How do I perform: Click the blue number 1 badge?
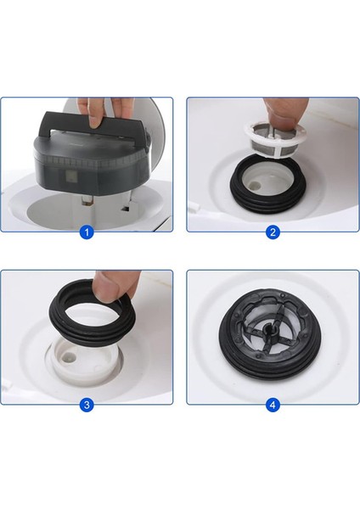[x=86, y=232]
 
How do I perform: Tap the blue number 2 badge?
[x=273, y=232]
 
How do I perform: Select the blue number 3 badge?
[x=86, y=405]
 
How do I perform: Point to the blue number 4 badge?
[x=273, y=405]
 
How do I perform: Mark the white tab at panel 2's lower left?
[x=194, y=210]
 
